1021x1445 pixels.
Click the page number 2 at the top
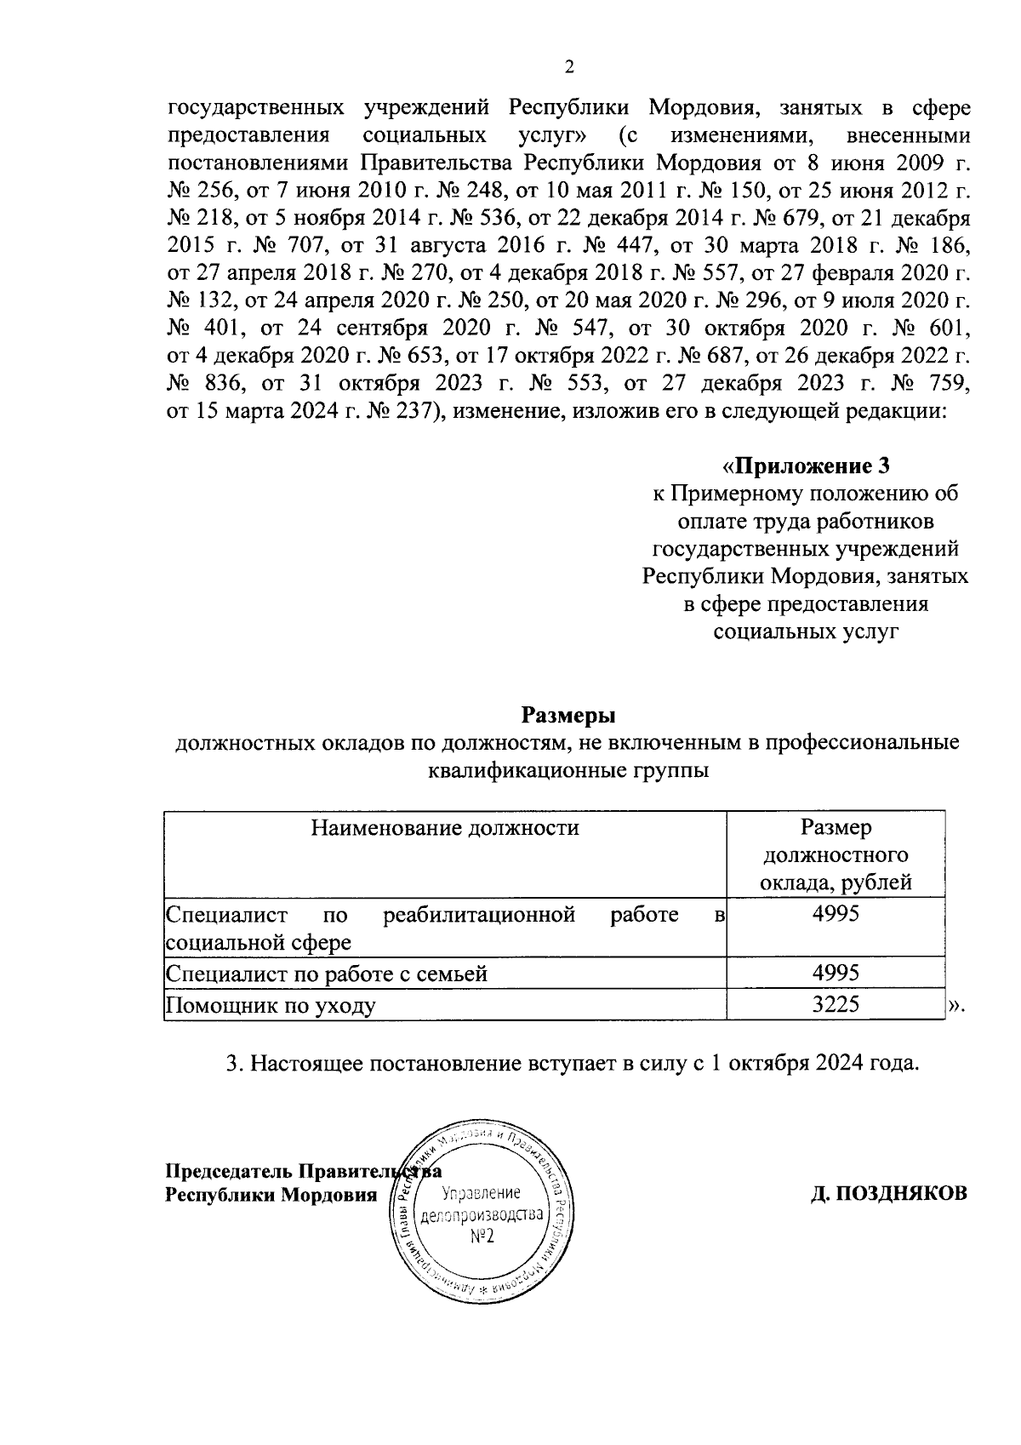568,67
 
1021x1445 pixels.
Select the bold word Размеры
568,713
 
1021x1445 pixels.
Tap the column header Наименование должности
445,827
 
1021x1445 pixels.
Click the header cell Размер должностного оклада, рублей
836,854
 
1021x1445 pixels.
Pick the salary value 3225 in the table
836,1004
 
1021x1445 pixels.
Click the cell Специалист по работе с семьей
327,973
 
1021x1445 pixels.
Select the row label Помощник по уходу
271,1005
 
